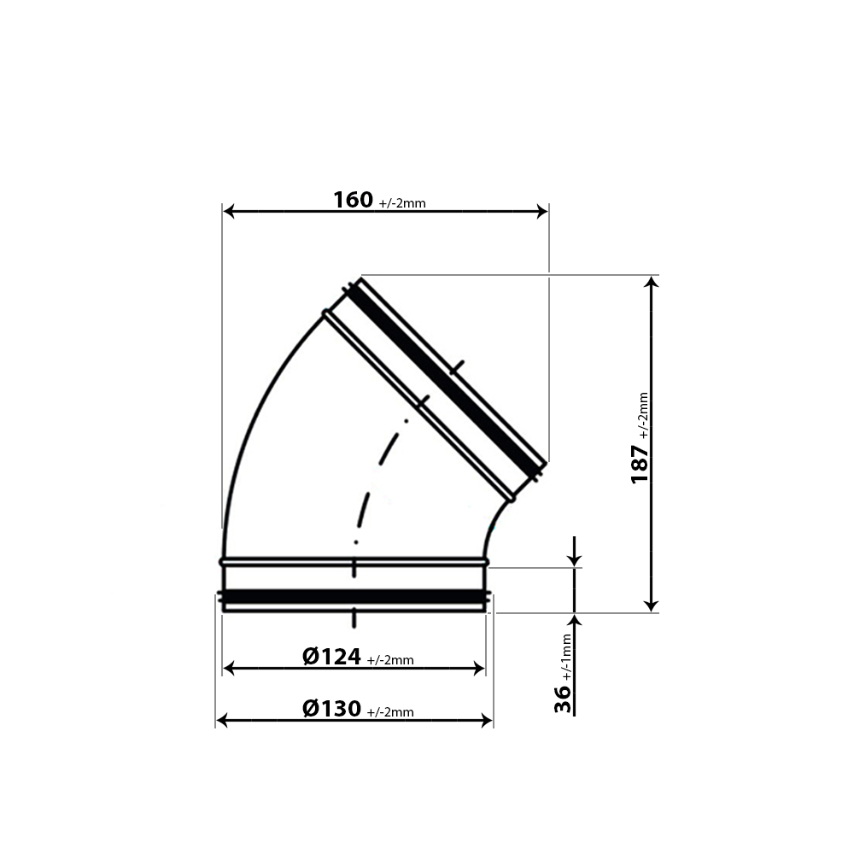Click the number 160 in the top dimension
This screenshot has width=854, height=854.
point(353,200)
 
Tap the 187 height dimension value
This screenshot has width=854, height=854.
point(640,462)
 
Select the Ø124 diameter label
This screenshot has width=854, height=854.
point(331,657)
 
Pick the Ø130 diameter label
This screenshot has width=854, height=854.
point(331,709)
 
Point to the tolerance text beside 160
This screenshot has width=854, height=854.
point(401,203)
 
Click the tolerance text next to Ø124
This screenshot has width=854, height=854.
point(390,660)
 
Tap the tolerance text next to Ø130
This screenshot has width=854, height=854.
point(390,712)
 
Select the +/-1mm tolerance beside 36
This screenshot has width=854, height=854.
point(566,654)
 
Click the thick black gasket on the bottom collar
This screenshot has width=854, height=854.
point(354,595)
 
